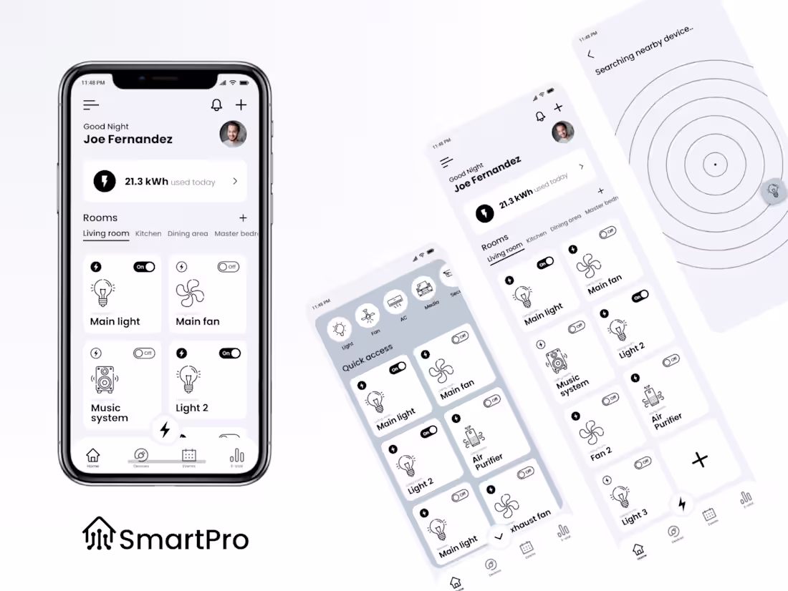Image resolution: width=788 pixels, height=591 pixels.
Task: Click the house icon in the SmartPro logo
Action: (x=98, y=534)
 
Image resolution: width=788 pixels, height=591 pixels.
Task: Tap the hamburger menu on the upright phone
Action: (x=91, y=105)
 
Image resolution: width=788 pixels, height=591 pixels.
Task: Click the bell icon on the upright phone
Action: (x=216, y=105)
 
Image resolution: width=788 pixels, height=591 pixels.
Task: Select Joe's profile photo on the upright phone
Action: (x=233, y=134)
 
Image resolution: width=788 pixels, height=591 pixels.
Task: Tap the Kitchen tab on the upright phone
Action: (x=148, y=234)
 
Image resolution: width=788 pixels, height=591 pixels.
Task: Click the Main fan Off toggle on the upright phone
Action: (x=228, y=267)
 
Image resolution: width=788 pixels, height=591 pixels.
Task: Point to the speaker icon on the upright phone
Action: (x=105, y=380)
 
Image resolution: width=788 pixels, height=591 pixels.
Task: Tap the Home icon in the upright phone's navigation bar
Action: (x=92, y=456)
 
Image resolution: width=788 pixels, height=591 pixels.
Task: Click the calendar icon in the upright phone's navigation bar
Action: (x=189, y=455)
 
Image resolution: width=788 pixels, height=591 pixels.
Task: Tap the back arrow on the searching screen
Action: (x=590, y=54)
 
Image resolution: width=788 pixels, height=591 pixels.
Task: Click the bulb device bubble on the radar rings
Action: (x=773, y=191)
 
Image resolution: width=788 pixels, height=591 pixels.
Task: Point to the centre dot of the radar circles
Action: (x=714, y=165)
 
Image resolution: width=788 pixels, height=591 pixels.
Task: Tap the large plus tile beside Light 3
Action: (x=700, y=460)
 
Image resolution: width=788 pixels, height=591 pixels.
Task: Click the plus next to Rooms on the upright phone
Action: (x=243, y=218)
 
